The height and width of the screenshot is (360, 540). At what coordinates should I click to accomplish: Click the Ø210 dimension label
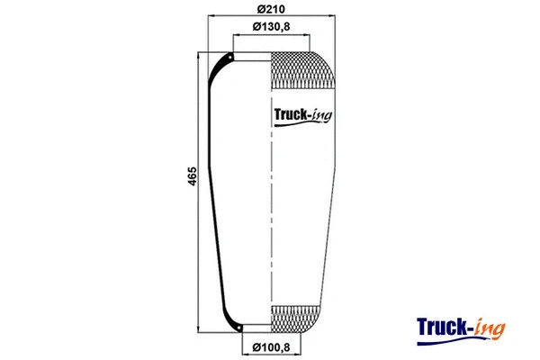pos(271,9)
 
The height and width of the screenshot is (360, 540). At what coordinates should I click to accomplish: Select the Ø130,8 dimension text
pos(271,27)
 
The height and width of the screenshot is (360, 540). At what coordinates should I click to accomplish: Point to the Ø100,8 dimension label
pos(271,347)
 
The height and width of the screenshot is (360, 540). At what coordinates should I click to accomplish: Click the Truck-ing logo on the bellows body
pos(302,113)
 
